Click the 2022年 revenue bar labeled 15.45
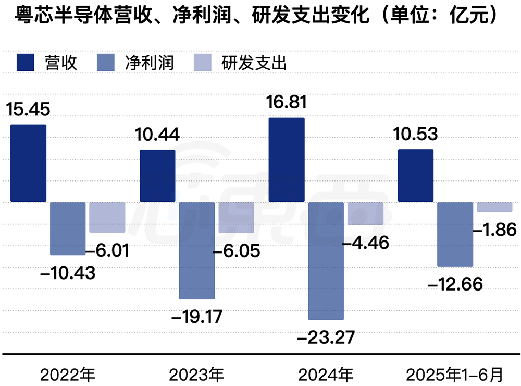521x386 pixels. coord(29,163)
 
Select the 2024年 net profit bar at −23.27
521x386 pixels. coord(326,261)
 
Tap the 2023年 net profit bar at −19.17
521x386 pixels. coord(196,250)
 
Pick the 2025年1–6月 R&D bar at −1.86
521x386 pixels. coord(494,207)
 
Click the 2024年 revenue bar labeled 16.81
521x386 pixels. coord(287,160)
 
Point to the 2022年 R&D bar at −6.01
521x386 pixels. coord(107,217)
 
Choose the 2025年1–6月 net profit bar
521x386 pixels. coord(455,234)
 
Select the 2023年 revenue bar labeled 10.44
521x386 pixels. coord(157,176)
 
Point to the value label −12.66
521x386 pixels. coord(455,284)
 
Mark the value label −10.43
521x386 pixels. coord(68,272)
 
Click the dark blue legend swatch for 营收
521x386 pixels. coord(24,63)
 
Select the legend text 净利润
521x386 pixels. coord(149,63)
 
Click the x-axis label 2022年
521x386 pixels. coord(68,373)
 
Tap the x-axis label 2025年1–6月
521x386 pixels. coord(455,373)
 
